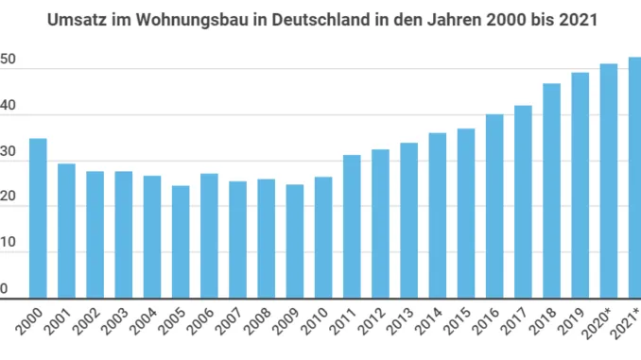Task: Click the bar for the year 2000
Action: point(38,218)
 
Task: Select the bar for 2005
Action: point(181,242)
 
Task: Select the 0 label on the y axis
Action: point(5,289)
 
